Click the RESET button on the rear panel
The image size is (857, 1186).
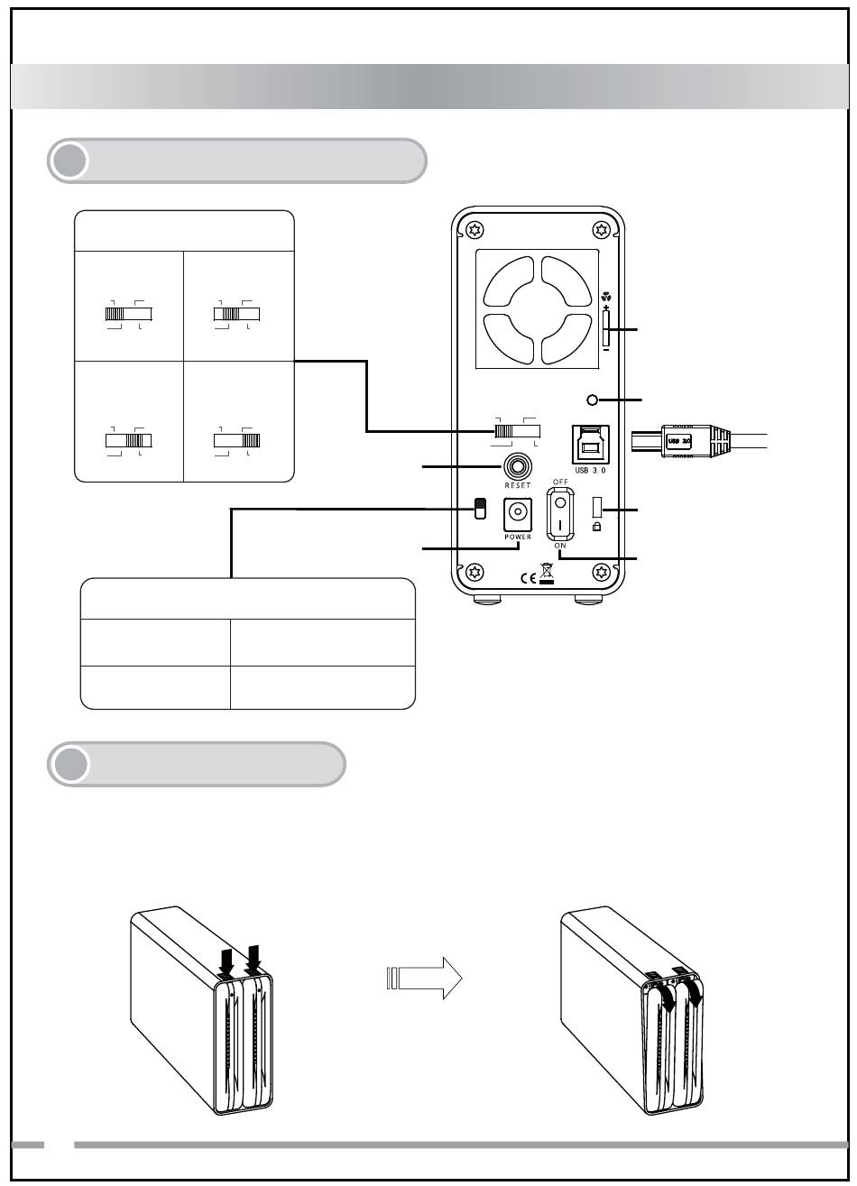point(519,466)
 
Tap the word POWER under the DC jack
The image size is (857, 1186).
point(519,536)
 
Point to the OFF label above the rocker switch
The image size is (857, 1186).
point(560,482)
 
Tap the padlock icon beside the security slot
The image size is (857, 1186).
point(597,527)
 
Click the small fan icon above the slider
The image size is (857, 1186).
point(605,294)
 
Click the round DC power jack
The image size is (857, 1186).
point(519,511)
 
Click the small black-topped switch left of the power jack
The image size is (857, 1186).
point(481,509)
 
